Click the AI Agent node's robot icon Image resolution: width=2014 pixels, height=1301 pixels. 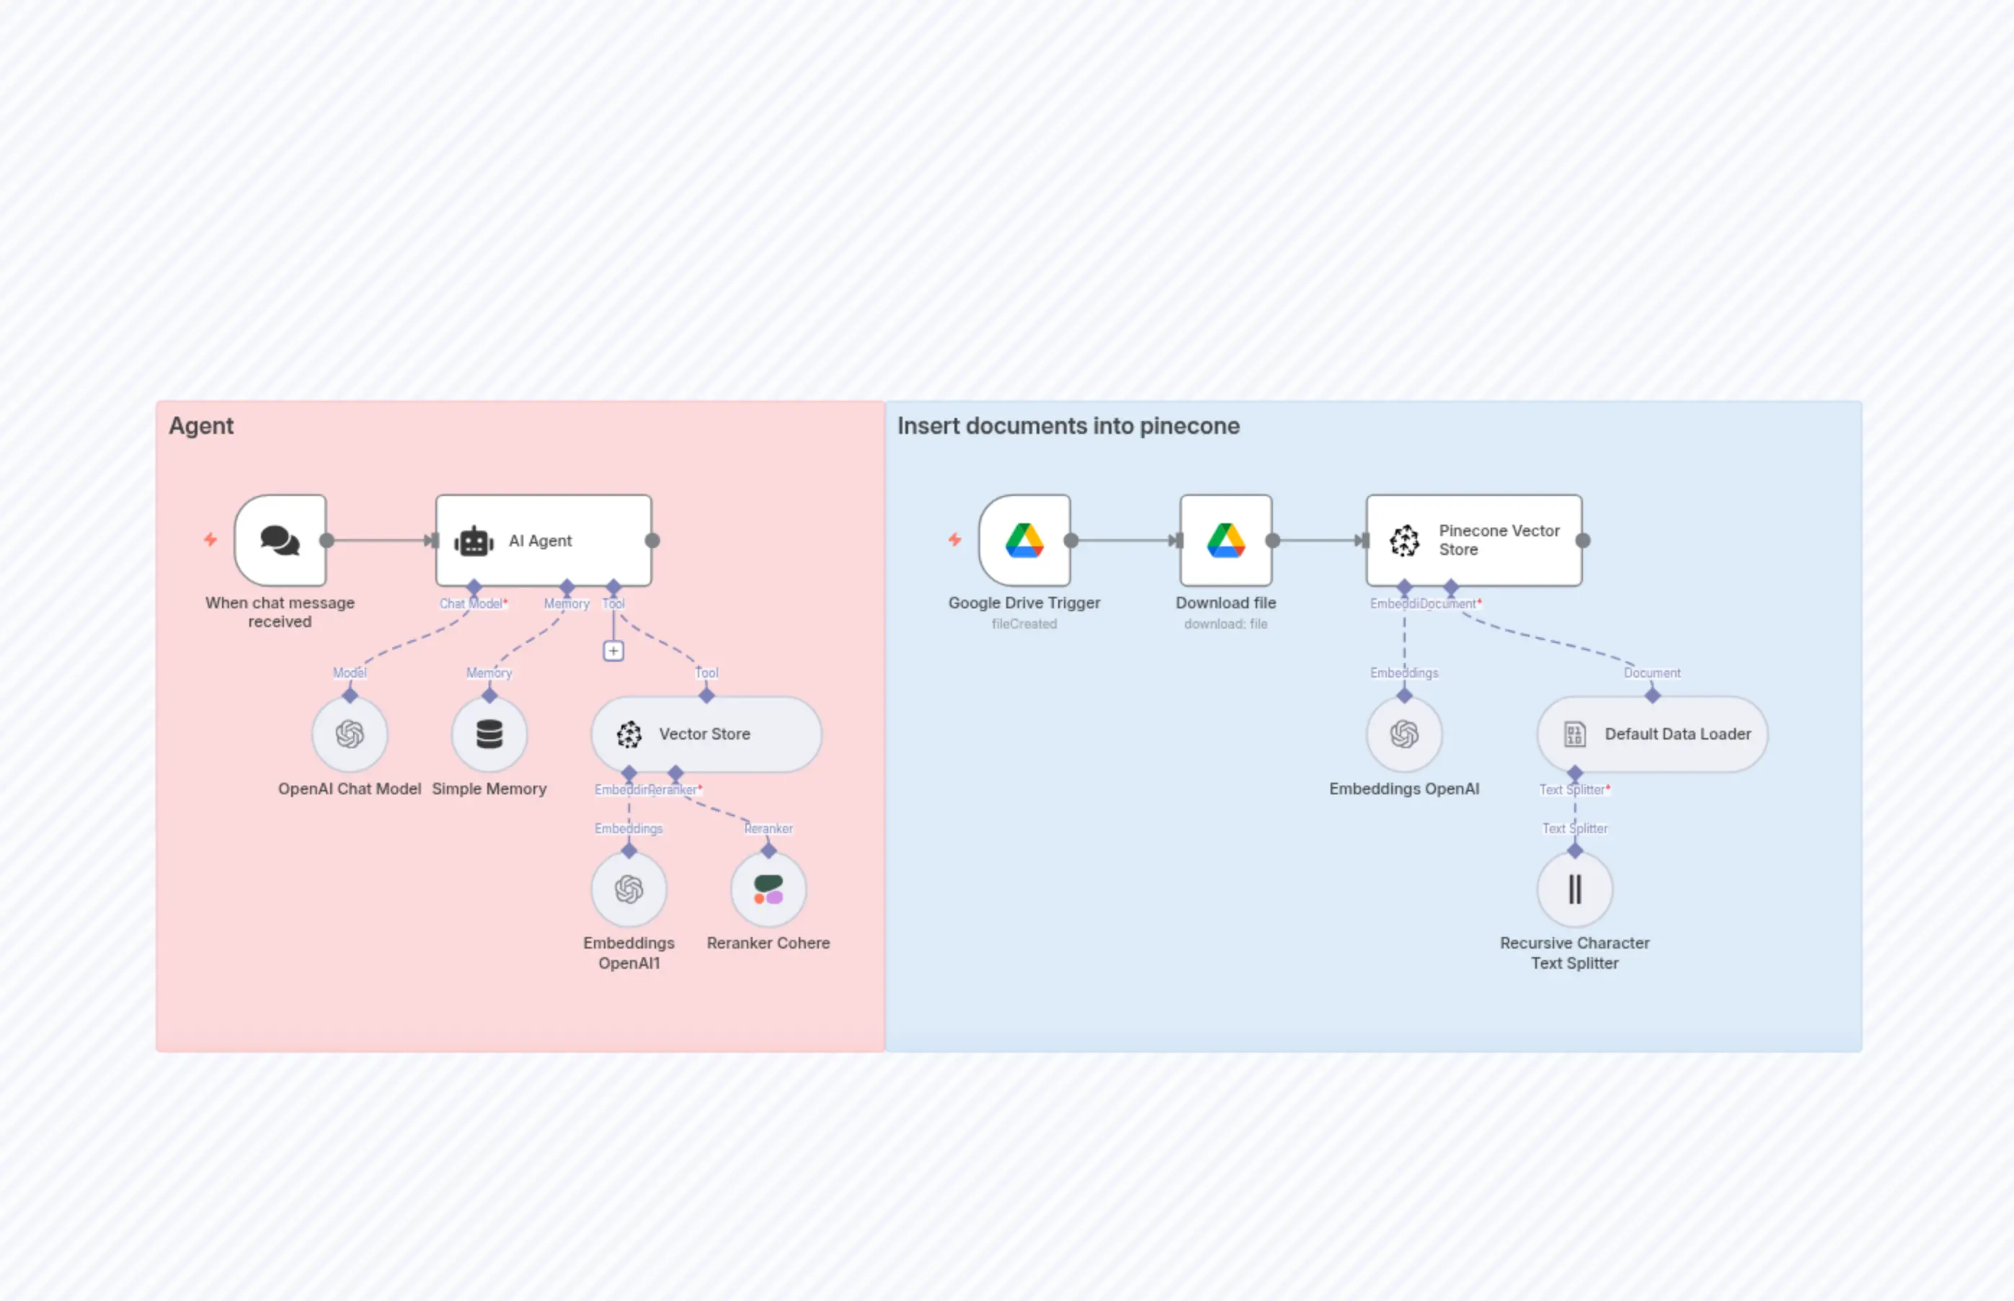[x=474, y=541]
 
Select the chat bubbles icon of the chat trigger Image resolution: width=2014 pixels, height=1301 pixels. [x=280, y=541]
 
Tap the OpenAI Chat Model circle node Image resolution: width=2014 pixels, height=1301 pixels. [x=350, y=734]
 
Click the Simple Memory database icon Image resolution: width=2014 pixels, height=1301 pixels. [x=489, y=734]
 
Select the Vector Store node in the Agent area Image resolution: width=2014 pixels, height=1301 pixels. [x=706, y=734]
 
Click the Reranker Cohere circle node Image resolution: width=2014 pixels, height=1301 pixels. [x=768, y=889]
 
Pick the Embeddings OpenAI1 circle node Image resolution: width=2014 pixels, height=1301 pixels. [x=629, y=889]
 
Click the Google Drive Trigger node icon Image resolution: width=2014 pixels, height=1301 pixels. [x=1024, y=541]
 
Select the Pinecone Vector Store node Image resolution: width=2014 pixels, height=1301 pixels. [x=1473, y=541]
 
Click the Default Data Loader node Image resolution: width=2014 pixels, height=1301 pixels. [x=1651, y=734]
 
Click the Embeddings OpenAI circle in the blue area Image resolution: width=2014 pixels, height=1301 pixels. [x=1404, y=734]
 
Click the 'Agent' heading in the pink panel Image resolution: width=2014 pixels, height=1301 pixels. [x=201, y=426]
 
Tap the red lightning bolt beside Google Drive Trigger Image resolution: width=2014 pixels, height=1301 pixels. [x=954, y=539]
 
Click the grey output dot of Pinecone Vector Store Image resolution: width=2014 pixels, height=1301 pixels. [x=1583, y=541]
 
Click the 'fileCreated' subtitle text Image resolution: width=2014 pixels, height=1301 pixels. [x=1024, y=624]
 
